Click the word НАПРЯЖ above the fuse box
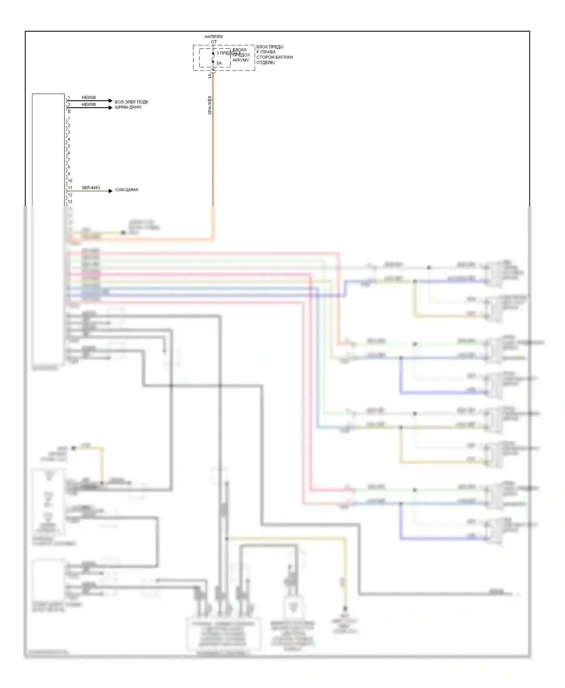click(214, 37)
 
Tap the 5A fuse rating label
click(219, 63)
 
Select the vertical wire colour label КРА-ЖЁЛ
click(210, 105)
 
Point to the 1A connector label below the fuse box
click(210, 76)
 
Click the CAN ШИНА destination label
click(127, 190)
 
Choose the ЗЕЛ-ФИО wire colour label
click(91, 188)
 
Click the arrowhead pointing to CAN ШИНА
click(110, 191)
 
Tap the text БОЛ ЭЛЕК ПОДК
click(131, 102)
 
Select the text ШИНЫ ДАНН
click(128, 107)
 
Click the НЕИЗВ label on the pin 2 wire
click(89, 105)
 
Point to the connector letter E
click(69, 112)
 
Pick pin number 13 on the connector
click(70, 202)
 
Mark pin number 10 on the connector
click(70, 181)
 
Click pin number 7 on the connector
click(69, 160)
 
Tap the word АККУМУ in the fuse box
click(241, 60)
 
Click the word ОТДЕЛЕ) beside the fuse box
click(266, 62)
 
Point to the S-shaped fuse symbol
click(213, 58)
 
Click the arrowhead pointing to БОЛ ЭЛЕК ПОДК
click(110, 101)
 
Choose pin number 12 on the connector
click(70, 195)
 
